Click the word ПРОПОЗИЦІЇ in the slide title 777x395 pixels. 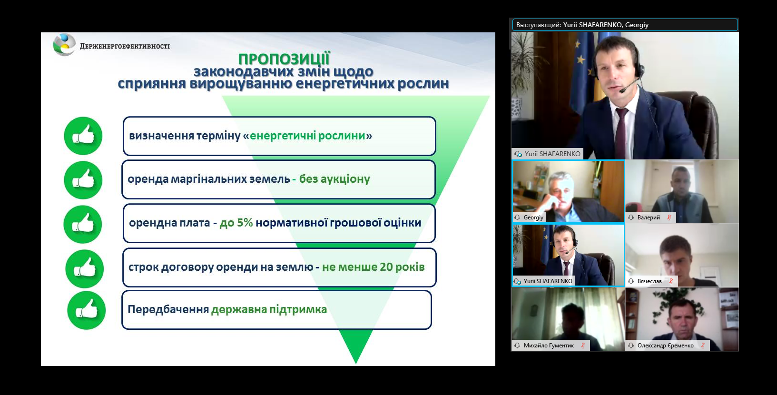[x=284, y=59]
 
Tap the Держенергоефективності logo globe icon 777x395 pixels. [x=65, y=45]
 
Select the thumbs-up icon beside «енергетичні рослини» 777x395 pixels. [x=83, y=136]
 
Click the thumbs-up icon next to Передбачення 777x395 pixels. [x=87, y=310]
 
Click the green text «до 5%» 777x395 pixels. [x=236, y=223]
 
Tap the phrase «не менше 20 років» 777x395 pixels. [x=373, y=267]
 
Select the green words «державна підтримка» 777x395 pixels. [x=269, y=309]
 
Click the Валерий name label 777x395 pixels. [x=649, y=217]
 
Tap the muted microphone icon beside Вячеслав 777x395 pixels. [x=671, y=281]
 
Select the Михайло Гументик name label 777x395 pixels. [x=549, y=346]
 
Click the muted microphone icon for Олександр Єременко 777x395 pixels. [x=703, y=346]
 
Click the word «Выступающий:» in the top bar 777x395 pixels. [x=538, y=25]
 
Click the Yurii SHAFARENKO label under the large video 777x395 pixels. [x=552, y=154]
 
